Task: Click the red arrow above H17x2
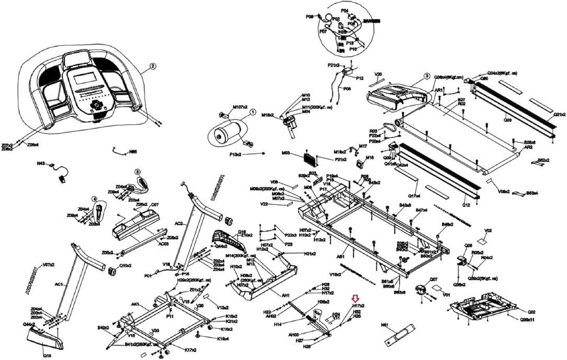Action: [x=355, y=298]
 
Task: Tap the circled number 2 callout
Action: [x=153, y=66]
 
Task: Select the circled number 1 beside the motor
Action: [x=253, y=112]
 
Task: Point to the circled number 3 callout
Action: [x=426, y=76]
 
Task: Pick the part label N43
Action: [x=41, y=164]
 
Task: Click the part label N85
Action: [x=133, y=151]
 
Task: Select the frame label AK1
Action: [x=135, y=304]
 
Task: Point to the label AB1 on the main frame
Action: [x=341, y=256]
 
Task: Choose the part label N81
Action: [x=385, y=324]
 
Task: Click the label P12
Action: [x=359, y=78]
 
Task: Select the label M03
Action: [x=286, y=153]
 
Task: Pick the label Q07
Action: [x=433, y=280]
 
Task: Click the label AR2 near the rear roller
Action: [x=528, y=147]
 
